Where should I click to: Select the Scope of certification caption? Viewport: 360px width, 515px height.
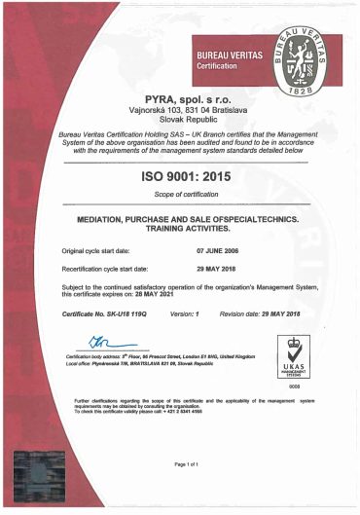pos(180,194)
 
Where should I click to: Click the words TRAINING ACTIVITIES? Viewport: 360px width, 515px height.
pos(180,229)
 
